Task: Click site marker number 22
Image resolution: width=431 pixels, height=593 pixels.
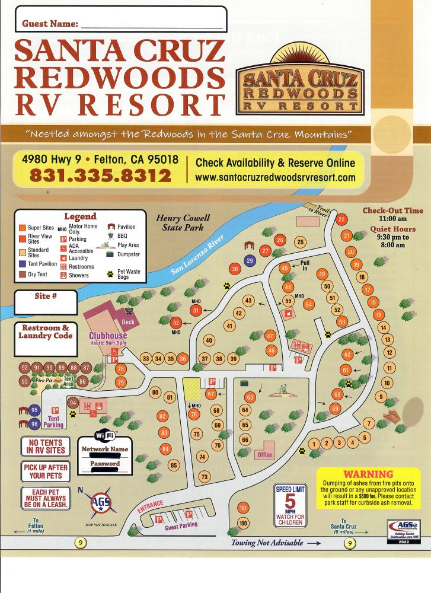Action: click(x=341, y=219)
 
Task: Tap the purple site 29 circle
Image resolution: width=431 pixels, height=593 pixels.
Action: click(x=250, y=260)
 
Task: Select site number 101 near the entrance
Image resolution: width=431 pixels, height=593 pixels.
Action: click(x=242, y=508)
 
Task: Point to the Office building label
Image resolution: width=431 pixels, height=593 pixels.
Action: click(x=264, y=455)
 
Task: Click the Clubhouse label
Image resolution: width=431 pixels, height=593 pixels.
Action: click(x=108, y=336)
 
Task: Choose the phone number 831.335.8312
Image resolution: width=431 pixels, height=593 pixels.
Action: click(x=100, y=176)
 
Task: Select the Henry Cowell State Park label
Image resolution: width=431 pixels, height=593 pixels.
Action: click(x=180, y=222)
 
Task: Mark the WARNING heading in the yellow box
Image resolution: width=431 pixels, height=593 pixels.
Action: click(x=368, y=474)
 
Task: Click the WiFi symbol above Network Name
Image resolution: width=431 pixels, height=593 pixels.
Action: click(x=104, y=436)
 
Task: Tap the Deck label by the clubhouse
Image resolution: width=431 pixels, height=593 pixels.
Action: click(x=128, y=322)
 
